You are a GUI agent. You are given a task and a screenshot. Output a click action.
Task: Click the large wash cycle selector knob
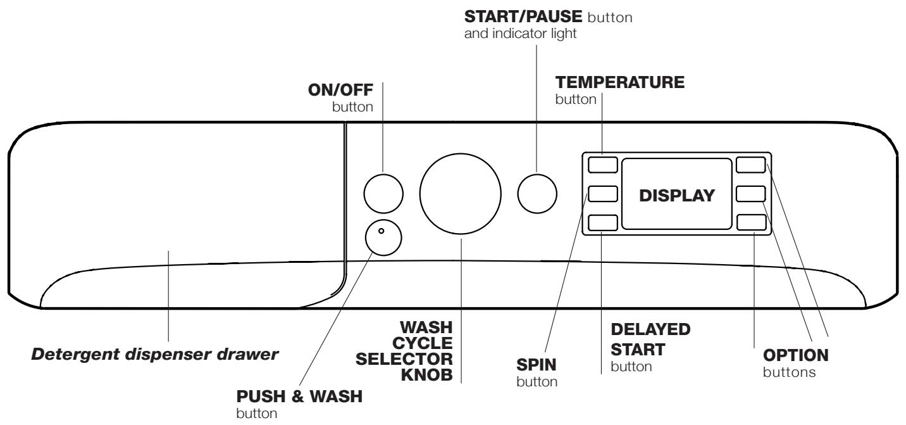pyautogui.click(x=460, y=193)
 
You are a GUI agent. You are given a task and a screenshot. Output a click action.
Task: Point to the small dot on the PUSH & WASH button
pyautogui.click(x=381, y=231)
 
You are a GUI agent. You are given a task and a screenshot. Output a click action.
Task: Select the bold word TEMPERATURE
pyautogui.click(x=619, y=84)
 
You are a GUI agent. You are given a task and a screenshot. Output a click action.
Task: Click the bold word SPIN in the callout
pyautogui.click(x=536, y=367)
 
